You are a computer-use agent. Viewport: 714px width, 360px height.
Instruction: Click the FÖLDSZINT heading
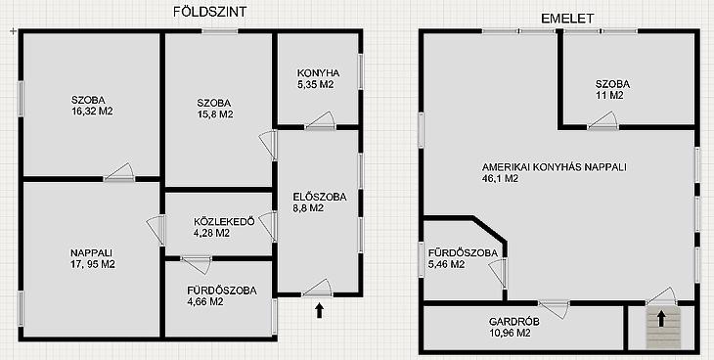pos(209,12)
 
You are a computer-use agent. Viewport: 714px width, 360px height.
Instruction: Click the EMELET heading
pos(567,19)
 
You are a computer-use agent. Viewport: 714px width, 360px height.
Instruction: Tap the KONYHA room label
pos(318,73)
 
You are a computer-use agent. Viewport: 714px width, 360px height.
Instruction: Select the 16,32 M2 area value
pos(93,111)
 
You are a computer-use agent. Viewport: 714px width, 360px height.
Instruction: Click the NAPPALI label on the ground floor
pos(91,252)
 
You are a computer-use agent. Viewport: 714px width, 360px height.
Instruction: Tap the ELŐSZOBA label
pos(320,198)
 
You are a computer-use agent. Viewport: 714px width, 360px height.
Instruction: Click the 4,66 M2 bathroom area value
pos(205,301)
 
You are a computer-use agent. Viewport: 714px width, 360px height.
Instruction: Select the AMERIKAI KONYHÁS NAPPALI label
pos(555,167)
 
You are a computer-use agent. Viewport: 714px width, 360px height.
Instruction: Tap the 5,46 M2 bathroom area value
pos(446,264)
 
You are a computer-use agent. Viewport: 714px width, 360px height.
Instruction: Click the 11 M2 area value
pos(609,95)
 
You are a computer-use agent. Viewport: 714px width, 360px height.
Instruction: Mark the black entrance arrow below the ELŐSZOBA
pos(319,311)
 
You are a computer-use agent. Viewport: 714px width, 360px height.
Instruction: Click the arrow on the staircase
pos(661,319)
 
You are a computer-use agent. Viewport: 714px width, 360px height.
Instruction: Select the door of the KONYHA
pos(320,120)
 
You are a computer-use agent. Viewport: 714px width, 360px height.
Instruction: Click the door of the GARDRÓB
pos(554,308)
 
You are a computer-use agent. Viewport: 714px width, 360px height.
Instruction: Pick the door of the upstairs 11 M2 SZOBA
pos(602,120)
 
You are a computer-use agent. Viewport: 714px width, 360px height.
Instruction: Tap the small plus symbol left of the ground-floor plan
pos(13,31)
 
